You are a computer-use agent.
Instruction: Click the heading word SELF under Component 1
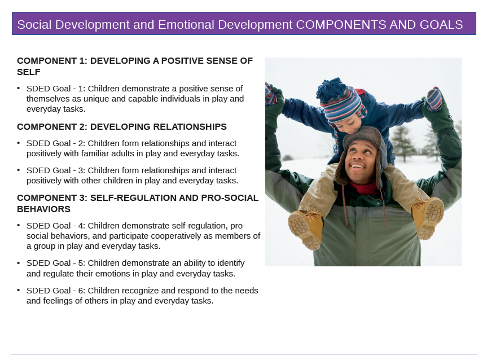point(29,72)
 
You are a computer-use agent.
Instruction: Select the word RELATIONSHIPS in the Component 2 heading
point(190,127)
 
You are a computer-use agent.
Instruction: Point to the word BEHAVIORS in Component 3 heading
point(44,209)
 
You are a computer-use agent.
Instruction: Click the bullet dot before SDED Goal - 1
point(19,89)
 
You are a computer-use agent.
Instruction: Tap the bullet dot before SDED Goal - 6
point(19,291)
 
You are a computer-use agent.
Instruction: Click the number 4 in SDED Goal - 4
point(81,226)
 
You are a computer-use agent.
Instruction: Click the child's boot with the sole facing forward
point(305,229)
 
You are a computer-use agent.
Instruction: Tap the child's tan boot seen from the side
point(428,217)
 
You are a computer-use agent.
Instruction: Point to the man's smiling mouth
point(357,166)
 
